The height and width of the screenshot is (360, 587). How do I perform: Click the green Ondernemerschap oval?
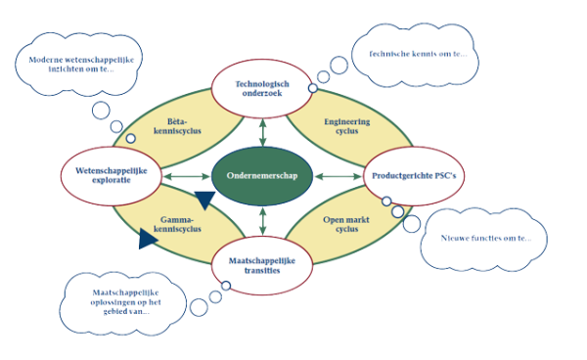click(261, 176)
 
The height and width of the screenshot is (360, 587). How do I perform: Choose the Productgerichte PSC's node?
click(412, 176)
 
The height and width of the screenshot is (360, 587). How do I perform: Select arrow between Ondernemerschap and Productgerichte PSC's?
click(337, 177)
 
